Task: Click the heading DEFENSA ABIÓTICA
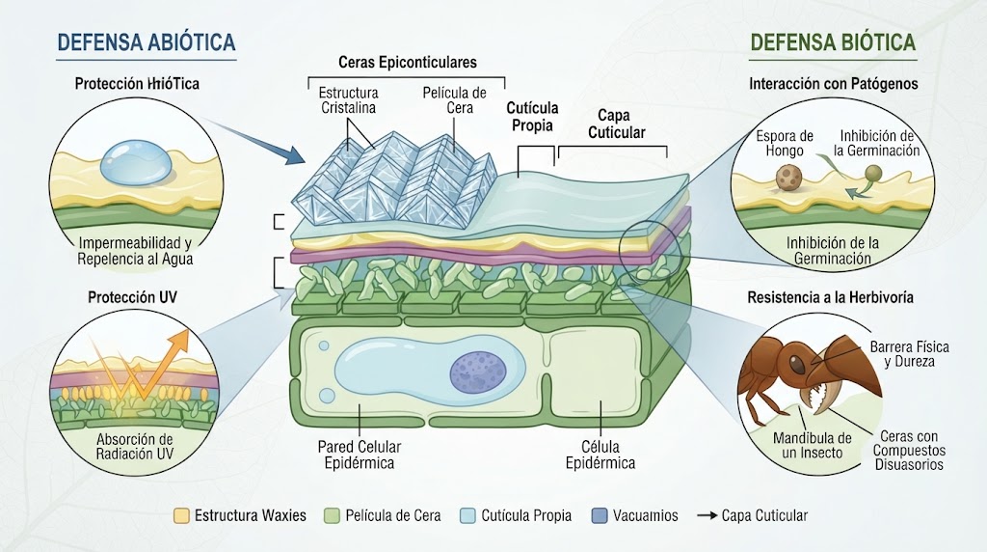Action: pos(147,42)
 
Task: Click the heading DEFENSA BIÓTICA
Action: pos(833,42)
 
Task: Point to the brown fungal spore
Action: pos(787,177)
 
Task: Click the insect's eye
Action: pos(795,364)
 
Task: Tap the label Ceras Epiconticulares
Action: pos(408,63)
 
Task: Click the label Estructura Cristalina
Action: pos(348,99)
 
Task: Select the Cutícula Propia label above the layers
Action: pos(532,117)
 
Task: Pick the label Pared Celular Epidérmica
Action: pos(359,455)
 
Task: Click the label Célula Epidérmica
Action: pos(600,455)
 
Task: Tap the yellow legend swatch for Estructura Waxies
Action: pos(181,515)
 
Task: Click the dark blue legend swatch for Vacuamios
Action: pos(600,515)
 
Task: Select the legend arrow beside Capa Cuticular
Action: pos(707,515)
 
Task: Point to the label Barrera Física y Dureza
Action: pos(910,354)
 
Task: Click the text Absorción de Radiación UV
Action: pos(135,446)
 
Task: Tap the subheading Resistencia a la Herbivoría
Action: pos(830,297)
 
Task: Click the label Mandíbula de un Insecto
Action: pos(812,445)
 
